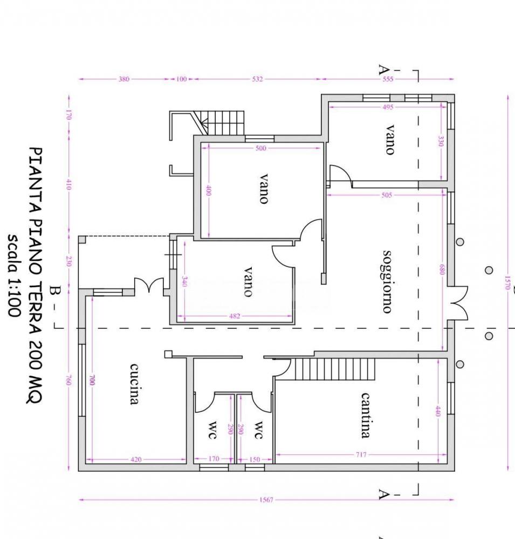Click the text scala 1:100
[x=13, y=276]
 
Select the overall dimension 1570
[x=507, y=283]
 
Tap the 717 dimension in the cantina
[x=361, y=455]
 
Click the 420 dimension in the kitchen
[x=136, y=460]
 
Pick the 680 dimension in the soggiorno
[x=441, y=269]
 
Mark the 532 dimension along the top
[x=258, y=79]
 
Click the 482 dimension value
[x=235, y=316]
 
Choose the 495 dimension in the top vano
[x=387, y=107]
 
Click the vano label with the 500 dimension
[x=263, y=189]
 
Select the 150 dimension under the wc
[x=255, y=460]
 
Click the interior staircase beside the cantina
[x=334, y=369]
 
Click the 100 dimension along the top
[x=181, y=79]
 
